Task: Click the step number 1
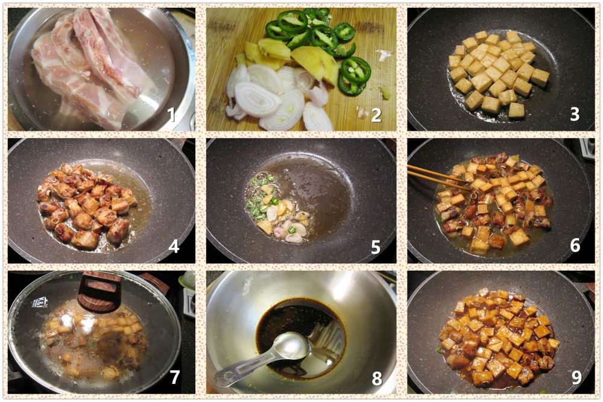pos(171,115)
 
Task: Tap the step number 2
pos(376,115)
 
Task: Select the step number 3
pos(575,114)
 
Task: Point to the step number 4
pos(174,246)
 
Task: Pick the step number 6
pos(575,245)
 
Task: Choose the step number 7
pos(175,377)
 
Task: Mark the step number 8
pos(377,378)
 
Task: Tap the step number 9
pos(576,377)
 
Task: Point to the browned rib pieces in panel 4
pos(86,207)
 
